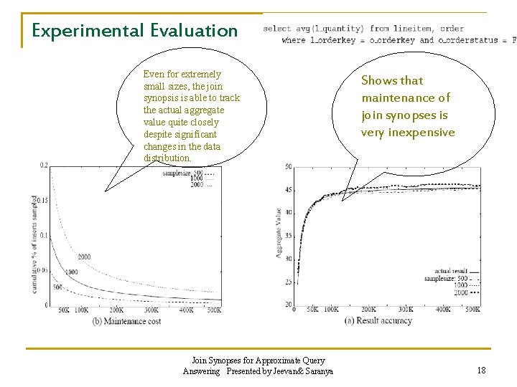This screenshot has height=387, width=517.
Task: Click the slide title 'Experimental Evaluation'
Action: (x=134, y=31)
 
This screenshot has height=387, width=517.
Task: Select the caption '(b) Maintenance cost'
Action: (x=127, y=320)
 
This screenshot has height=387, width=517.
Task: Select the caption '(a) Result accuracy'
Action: (x=378, y=320)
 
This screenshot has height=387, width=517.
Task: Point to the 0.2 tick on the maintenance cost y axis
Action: (x=44, y=166)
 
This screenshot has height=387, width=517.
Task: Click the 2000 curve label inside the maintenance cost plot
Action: (x=84, y=257)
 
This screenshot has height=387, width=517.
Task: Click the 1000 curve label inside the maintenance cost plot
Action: (x=71, y=272)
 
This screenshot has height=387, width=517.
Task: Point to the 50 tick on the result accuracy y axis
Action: (x=288, y=167)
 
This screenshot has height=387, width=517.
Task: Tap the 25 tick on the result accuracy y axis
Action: (x=288, y=282)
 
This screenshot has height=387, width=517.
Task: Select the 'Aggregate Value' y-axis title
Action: (x=279, y=233)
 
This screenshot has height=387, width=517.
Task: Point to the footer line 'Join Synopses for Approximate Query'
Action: (x=258, y=360)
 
